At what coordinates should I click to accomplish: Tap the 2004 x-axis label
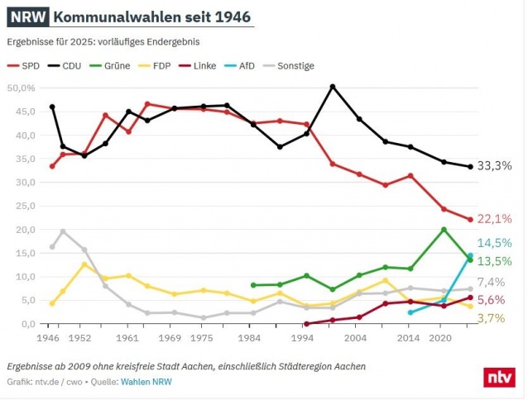tap(357, 338)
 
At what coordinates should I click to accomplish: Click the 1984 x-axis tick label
tap(252, 338)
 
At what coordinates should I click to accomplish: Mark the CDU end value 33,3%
tap(496, 166)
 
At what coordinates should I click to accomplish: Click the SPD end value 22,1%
tap(496, 219)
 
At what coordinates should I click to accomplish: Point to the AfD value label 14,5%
tap(496, 242)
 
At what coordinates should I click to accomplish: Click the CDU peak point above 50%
tap(333, 86)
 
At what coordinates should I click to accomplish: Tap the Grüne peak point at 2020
tap(444, 230)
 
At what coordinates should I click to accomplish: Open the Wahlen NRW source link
tap(147, 382)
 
